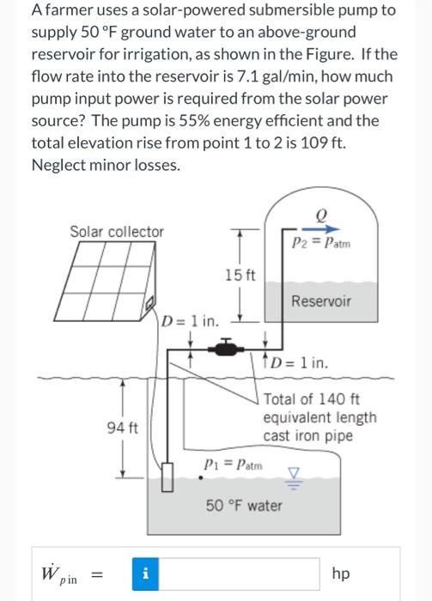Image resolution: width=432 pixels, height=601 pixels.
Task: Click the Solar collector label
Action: point(116,231)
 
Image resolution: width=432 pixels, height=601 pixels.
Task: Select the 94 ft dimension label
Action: point(116,427)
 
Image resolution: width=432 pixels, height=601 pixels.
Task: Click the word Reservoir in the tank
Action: point(321,301)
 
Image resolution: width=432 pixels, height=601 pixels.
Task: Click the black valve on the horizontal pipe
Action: point(225,349)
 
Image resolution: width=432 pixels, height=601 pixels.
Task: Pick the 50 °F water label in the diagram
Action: point(244,505)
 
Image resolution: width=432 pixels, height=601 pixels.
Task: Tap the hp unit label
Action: point(341,573)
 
